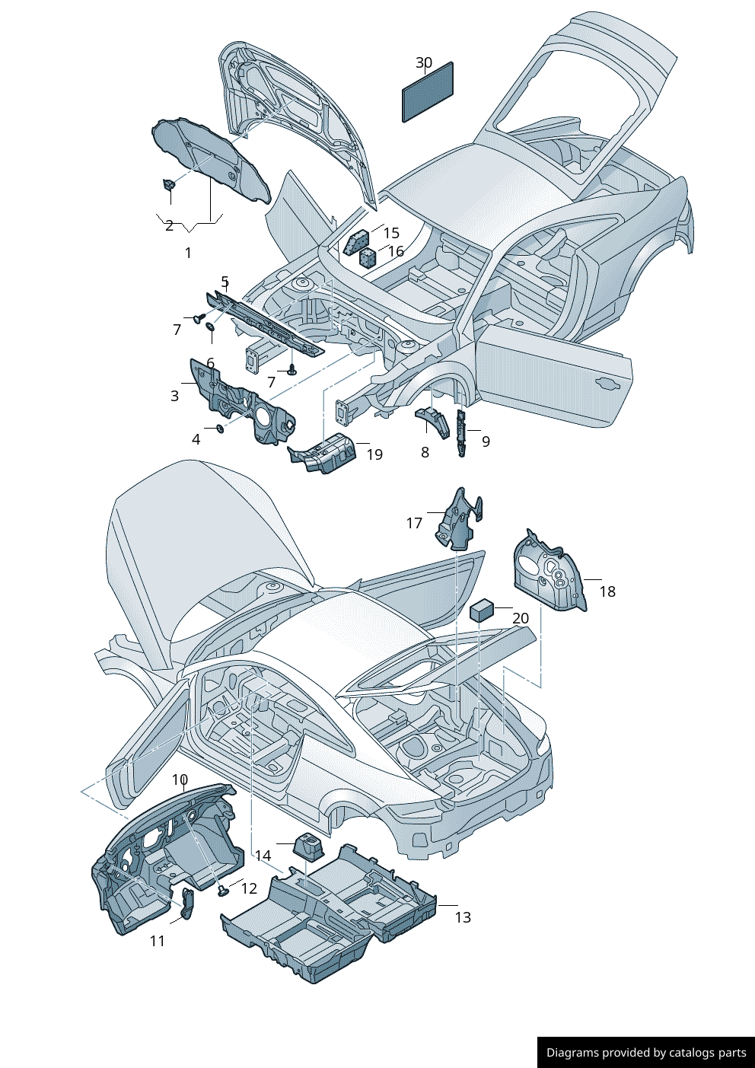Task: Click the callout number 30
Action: coord(424,63)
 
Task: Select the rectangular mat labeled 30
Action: coord(428,92)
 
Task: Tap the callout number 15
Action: coord(391,233)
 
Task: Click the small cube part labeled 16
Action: coord(368,257)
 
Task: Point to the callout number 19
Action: coord(374,454)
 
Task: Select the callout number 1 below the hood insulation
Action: coord(188,252)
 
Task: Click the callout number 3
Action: coord(174,396)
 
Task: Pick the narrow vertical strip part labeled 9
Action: coord(461,433)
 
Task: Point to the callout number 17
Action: coord(414,523)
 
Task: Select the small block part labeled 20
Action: coord(482,610)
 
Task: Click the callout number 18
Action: coord(607,591)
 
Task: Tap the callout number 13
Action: coord(463,917)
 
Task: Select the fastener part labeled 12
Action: coord(223,891)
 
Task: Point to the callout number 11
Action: coord(157,941)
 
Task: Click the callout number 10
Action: coord(180,779)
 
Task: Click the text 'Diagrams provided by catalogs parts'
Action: coord(646,1053)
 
